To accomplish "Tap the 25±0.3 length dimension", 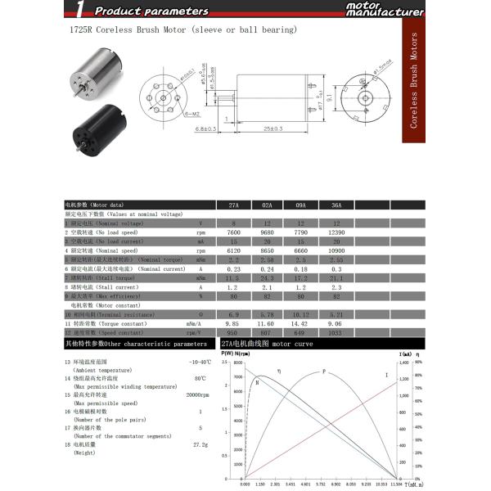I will (273, 128).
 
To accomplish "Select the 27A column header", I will (233, 205).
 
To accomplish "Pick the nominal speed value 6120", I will (233, 250).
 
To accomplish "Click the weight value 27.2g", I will (200, 444).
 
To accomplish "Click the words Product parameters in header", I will (151, 11).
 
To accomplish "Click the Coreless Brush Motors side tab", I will (413, 80).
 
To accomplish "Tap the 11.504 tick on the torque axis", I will (395, 484).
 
